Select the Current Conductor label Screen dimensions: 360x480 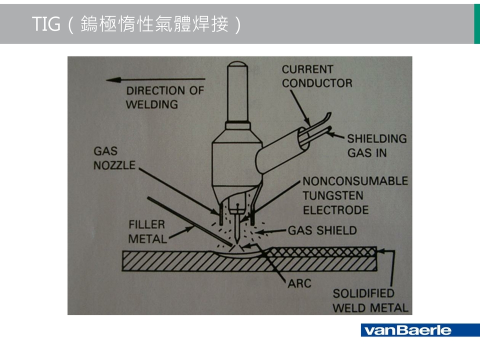tap(316, 76)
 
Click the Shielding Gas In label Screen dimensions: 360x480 tap(376, 145)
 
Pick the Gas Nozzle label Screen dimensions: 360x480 tap(114, 157)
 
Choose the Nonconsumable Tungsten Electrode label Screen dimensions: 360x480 tap(354, 195)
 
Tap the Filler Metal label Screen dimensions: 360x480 tap(147, 231)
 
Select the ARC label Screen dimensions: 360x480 tap(299, 283)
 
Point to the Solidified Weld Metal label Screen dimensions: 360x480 tap(370, 300)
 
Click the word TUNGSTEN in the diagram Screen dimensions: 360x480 tap(333, 195)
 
